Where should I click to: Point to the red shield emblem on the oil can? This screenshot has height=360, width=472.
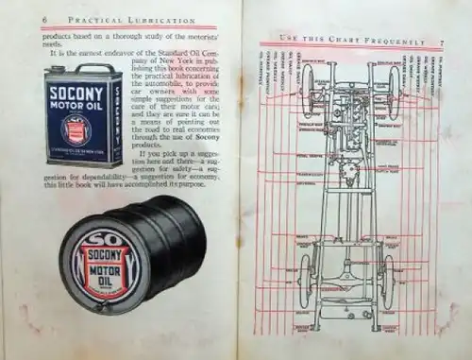point(76,128)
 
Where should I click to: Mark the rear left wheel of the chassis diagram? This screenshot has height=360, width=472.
point(307,283)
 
